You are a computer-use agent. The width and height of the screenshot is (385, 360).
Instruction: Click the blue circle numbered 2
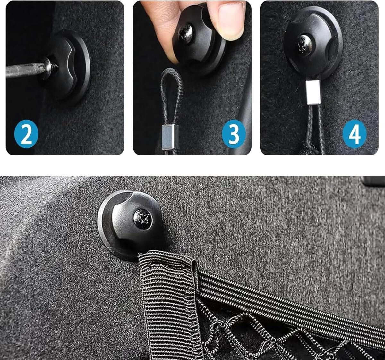click(x=26, y=134)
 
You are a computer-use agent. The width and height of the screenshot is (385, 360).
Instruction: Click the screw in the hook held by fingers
click(x=186, y=32)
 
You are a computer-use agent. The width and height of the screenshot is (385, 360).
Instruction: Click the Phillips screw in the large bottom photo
click(x=143, y=218)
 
